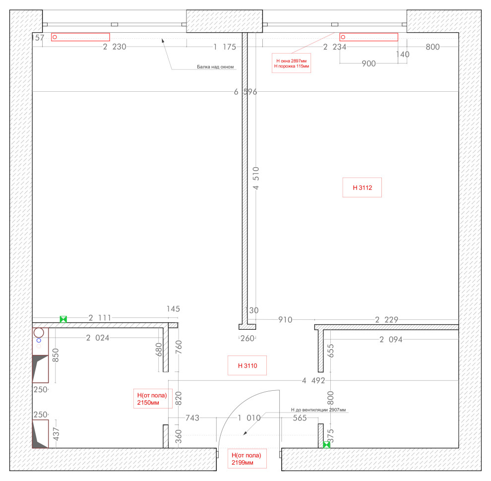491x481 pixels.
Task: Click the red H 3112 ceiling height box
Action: [x=362, y=187]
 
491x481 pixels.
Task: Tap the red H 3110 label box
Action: [x=247, y=365]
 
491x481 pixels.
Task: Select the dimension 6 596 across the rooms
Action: [x=245, y=92]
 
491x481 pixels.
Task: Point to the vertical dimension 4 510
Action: [x=256, y=178]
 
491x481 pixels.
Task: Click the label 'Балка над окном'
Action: [x=215, y=67]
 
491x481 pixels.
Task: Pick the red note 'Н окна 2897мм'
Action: [x=291, y=61]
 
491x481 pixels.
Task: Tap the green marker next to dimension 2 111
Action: [x=63, y=319]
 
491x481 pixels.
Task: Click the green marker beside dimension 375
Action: [x=326, y=445]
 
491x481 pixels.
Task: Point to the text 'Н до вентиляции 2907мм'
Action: [x=318, y=410]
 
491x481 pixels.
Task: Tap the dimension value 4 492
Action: [x=313, y=380]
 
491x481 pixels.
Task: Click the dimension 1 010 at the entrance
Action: [x=249, y=418]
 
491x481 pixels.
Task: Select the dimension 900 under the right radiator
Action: [x=368, y=63]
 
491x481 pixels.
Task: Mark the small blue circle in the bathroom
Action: [x=39, y=340]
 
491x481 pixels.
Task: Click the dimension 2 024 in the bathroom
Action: [x=98, y=338]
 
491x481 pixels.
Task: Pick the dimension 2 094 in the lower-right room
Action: [x=391, y=340]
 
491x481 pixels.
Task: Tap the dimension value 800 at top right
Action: [x=433, y=47]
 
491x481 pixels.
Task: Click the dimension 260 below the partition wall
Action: [x=247, y=339]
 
